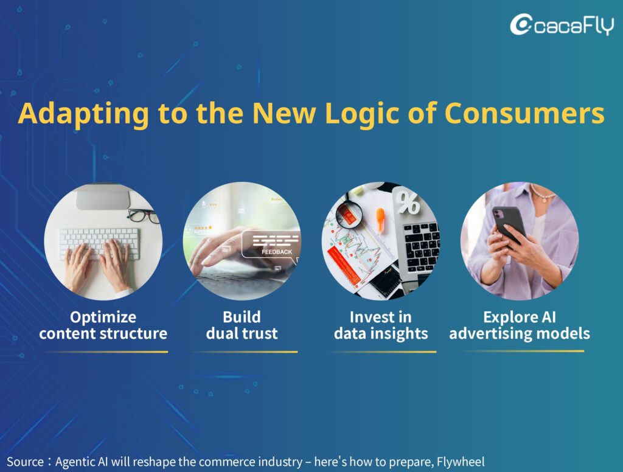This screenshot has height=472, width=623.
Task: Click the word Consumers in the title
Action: coord(524,113)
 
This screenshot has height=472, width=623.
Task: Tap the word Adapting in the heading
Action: coord(84,114)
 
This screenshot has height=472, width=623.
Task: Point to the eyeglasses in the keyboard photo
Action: coord(143,216)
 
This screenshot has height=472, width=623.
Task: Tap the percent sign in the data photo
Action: coord(408,203)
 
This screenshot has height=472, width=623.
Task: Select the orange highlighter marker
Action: coord(380,219)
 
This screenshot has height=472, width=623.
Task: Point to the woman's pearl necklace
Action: coord(542,193)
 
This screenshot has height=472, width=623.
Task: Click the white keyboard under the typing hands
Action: coord(99,243)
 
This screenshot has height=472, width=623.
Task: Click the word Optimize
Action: coord(103,317)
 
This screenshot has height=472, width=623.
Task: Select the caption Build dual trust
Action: coord(242,325)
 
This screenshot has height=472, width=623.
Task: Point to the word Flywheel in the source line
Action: coord(461,462)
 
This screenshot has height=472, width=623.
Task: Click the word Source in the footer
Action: coord(26,462)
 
